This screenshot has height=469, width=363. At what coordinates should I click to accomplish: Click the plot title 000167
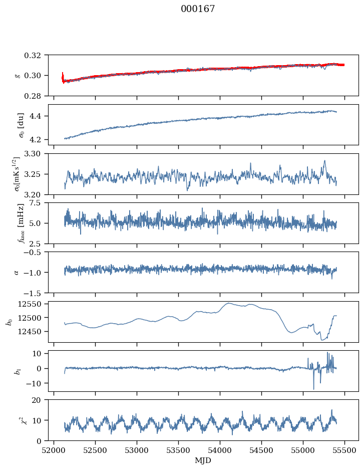(198, 9)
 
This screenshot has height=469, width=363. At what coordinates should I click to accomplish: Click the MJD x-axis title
(203, 460)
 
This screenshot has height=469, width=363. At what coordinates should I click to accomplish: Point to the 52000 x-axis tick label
(54, 450)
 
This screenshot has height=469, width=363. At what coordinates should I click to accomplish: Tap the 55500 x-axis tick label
(344, 450)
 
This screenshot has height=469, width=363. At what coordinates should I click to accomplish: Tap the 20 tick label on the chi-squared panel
(40, 400)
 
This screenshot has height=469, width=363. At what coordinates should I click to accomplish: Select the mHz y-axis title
(21, 223)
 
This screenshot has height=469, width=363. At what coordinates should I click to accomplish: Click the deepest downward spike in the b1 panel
(314, 389)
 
